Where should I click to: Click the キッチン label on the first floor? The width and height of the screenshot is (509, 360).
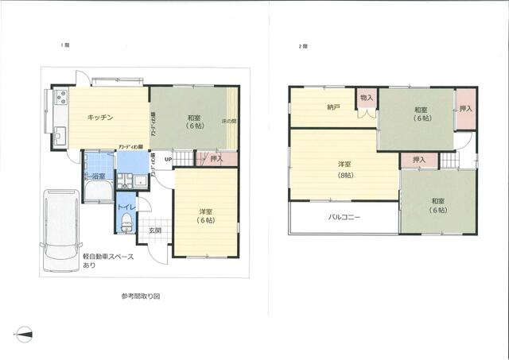[100, 117]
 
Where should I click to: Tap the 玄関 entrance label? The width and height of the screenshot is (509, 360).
[155, 230]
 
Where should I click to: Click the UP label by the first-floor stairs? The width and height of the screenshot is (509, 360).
[168, 159]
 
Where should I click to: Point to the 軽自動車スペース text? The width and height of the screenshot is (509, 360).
[109, 257]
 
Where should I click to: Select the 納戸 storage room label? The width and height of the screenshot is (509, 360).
[333, 106]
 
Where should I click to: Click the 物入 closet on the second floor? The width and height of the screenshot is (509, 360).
[366, 99]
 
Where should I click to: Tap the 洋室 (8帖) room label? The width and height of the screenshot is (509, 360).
[345, 169]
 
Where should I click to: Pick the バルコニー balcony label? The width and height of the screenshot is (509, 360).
[344, 217]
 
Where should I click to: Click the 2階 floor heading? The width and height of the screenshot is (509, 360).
[302, 47]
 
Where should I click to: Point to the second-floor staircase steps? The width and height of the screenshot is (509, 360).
[452, 160]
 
